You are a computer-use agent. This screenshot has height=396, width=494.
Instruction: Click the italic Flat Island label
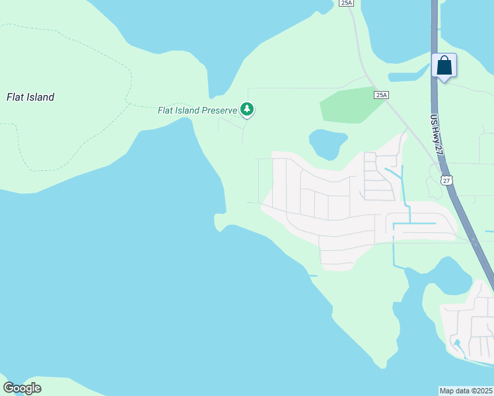[x=30, y=97]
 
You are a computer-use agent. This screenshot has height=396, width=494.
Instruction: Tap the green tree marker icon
[x=247, y=109]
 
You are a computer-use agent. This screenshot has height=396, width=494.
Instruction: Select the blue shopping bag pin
[x=444, y=66]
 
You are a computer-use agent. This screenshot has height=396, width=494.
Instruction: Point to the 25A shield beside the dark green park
[x=381, y=95]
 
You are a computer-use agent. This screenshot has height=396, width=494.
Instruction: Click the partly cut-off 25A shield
[x=347, y=3]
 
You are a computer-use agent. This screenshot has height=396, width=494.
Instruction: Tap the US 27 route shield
[x=447, y=180]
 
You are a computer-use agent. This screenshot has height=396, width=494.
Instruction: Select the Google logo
[x=22, y=387]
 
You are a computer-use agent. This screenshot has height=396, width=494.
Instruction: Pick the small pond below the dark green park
[x=327, y=143]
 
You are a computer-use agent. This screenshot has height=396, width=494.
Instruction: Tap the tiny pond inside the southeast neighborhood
[x=456, y=344]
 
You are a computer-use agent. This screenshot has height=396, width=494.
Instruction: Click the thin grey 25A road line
[x=360, y=59]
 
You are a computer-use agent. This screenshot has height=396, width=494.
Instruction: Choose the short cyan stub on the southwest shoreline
[x=312, y=275]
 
